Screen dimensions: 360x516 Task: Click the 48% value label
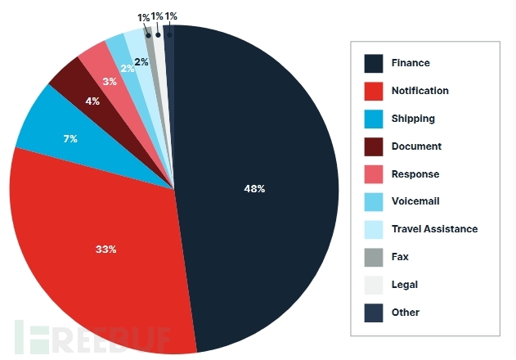click(254, 189)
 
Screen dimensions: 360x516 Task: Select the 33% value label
click(105, 249)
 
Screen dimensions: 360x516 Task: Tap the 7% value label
click(70, 139)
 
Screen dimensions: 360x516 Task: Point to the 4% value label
click(92, 102)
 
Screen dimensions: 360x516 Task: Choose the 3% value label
click(110, 82)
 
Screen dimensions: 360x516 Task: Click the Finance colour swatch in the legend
click(374, 63)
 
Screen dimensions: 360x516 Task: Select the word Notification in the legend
click(420, 91)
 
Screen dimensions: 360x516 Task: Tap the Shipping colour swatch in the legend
click(374, 119)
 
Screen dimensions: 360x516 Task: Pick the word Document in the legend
click(416, 146)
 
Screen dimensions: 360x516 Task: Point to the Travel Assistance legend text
click(434, 229)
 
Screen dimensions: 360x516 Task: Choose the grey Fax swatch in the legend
click(374, 257)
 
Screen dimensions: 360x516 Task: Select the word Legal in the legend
click(405, 285)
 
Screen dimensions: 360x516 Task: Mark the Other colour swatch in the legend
click(374, 312)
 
